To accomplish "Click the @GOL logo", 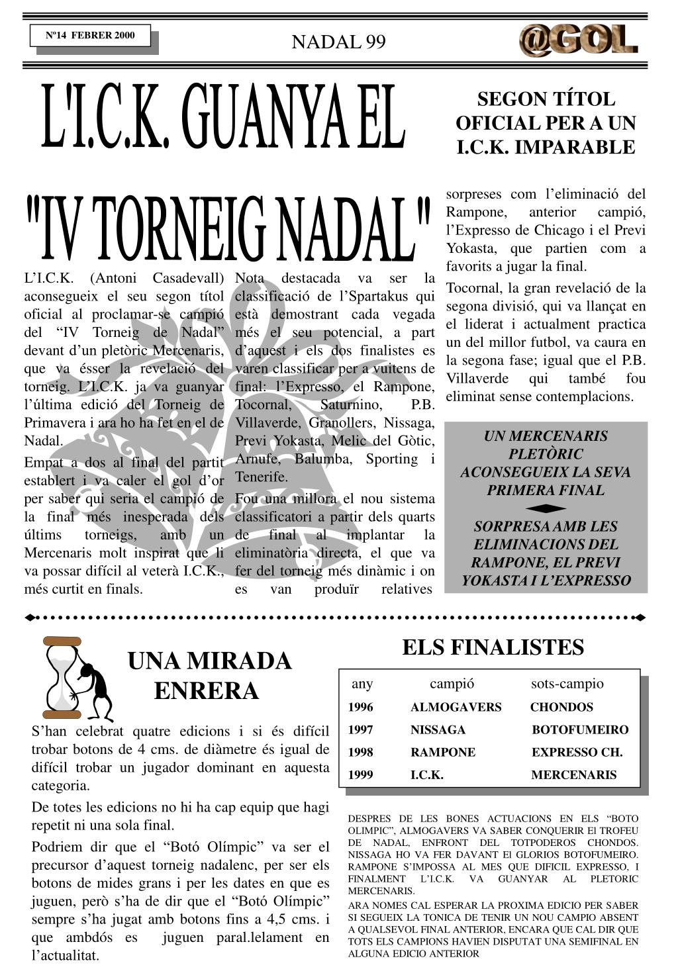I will click(x=578, y=40).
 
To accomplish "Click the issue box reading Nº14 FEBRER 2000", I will click(x=90, y=36).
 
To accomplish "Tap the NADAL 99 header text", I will click(x=338, y=42).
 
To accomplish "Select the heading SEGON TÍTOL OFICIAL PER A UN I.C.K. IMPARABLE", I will click(x=546, y=123).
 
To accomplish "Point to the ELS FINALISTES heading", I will click(x=493, y=647).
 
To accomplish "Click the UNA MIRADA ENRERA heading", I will click(x=209, y=676).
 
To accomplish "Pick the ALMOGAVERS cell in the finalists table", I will click(x=456, y=707).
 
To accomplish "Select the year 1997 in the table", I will click(x=360, y=729).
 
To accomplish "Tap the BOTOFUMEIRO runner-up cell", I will click(x=580, y=729).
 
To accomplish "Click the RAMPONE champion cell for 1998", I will click(x=442, y=752).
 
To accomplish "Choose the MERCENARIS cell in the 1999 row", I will click(x=573, y=774).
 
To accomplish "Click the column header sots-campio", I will click(x=567, y=684).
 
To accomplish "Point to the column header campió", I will click(x=452, y=684).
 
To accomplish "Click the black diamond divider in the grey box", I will click(x=546, y=508).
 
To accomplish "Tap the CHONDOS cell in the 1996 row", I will click(x=561, y=707).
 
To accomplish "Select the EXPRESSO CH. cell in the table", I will click(x=577, y=752).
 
